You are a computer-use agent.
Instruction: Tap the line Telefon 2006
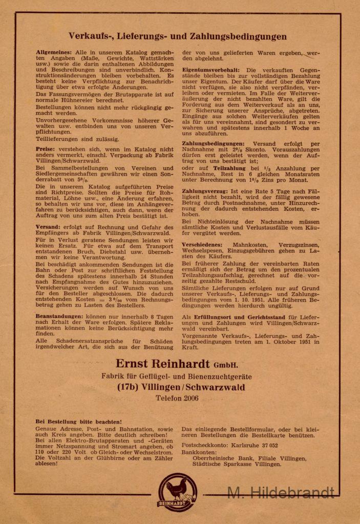pyautogui.click(x=177, y=398)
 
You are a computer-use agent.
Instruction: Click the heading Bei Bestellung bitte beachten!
pyautogui.click(x=78, y=422)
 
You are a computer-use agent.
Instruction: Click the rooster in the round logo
pyautogui.click(x=177, y=489)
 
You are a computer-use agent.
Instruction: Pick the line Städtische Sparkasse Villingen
pyautogui.click(x=237, y=464)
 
